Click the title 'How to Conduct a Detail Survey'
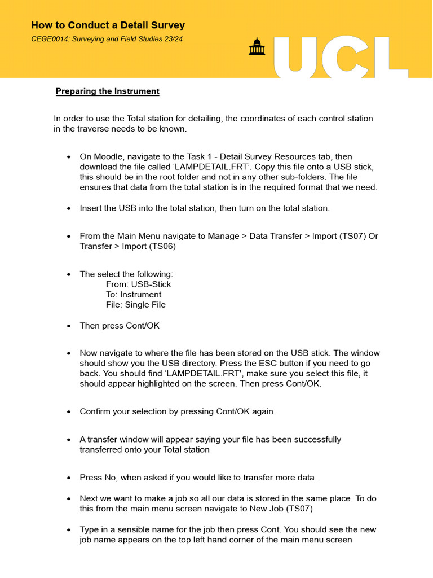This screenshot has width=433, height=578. [108, 25]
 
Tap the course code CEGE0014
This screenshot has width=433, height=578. [51, 39]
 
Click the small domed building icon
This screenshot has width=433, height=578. [257, 47]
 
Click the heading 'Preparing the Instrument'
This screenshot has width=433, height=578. [107, 91]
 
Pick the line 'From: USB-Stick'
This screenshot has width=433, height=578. [138, 284]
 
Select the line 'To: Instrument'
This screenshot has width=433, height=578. [133, 295]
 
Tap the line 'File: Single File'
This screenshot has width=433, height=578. [135, 305]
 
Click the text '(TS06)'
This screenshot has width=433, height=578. [169, 246]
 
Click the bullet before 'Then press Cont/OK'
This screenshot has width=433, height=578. [69, 326]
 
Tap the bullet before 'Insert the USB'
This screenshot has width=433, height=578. [69, 208]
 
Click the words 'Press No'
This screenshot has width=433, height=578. [99, 478]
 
